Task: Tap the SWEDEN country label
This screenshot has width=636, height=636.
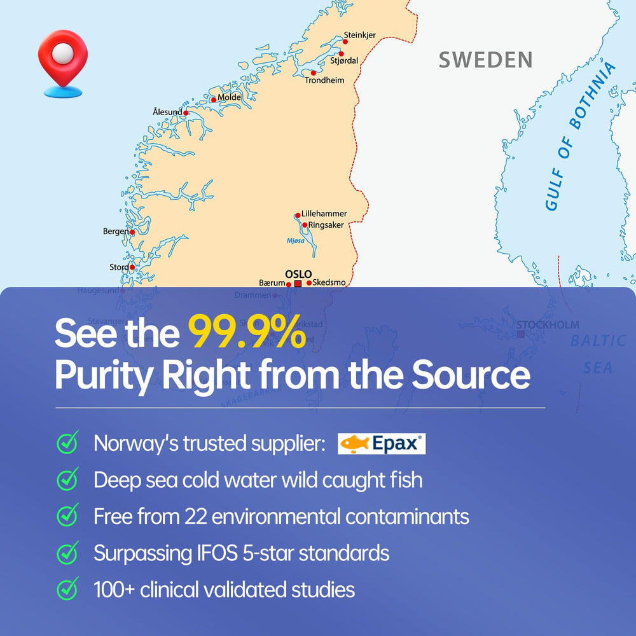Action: coord(485,60)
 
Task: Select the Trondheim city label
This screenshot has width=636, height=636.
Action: coord(324,80)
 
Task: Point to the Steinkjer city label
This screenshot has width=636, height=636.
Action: coord(360,35)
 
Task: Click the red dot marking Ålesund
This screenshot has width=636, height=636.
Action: coord(186,113)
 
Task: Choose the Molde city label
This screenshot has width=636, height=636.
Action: coord(229,97)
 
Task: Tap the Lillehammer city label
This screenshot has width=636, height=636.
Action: coord(324,214)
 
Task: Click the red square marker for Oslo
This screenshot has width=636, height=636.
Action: coord(298,284)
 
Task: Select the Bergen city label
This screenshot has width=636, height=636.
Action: coord(115,232)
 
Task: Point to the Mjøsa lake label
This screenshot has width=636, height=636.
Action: coord(295,242)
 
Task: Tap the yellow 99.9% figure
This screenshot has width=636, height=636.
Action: coord(247,333)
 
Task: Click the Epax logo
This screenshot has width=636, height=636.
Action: coord(382,443)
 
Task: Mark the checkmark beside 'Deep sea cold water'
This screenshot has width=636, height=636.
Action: coord(67,479)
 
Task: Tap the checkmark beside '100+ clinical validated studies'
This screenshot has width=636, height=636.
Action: coord(67,589)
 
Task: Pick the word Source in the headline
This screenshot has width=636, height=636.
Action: coord(470,375)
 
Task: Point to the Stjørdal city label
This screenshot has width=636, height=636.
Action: coord(344,60)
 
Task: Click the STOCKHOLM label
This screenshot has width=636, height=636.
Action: coord(547,325)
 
